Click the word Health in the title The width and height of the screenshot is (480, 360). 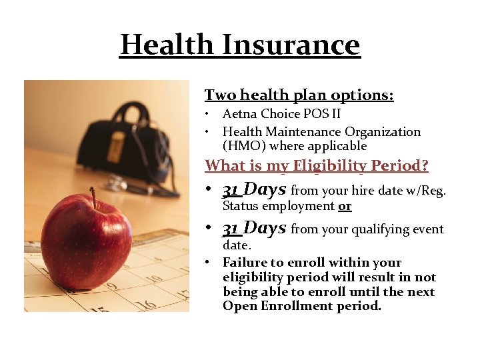click(x=167, y=45)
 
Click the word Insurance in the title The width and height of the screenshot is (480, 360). click(x=291, y=45)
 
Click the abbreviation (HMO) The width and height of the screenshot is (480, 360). click(x=243, y=146)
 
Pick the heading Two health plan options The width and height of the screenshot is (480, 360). click(x=299, y=95)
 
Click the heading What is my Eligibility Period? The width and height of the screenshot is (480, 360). click(x=316, y=165)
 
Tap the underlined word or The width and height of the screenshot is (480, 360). click(x=345, y=206)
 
